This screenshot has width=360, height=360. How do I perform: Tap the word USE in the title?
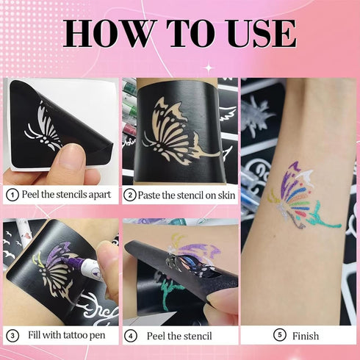coord(256,35)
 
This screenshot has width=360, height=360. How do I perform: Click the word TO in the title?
coord(186,35)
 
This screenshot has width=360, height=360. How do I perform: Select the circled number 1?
coord(12,195)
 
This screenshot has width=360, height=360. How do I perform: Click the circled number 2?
coord(130,195)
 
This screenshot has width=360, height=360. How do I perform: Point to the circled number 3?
coord(12,336)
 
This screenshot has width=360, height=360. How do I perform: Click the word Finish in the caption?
coord(306,336)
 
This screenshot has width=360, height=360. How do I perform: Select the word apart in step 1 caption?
coord(97,195)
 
